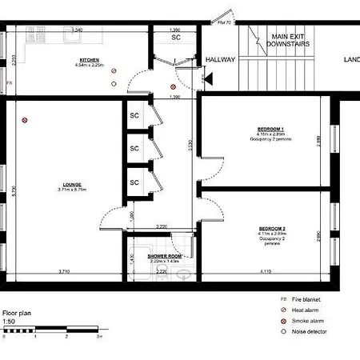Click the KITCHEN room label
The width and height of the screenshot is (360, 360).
coord(90,60)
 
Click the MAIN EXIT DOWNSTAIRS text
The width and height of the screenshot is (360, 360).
coord(290,42)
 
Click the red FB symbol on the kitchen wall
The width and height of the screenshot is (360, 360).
coord(9,82)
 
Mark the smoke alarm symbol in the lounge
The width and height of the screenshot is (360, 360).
coord(26,121)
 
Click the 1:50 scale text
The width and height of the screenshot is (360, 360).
coord(8,321)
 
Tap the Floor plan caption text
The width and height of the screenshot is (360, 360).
coord(16,313)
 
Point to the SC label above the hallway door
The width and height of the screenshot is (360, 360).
coord(175,38)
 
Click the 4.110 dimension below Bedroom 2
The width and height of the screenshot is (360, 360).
coord(264,273)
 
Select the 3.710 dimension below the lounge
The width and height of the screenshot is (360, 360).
coord(62,273)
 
